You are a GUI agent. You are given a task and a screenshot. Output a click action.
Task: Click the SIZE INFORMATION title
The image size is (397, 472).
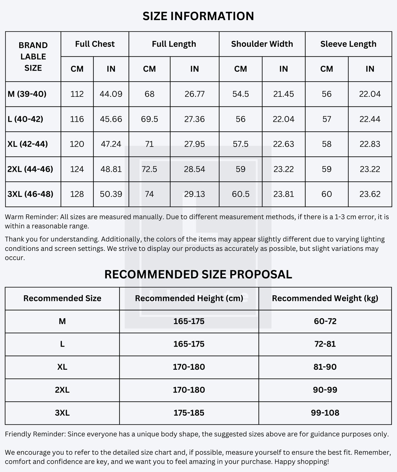pyautogui.click(x=198, y=16)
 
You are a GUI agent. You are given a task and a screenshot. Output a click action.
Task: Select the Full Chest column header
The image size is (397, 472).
pyautogui.click(x=95, y=44)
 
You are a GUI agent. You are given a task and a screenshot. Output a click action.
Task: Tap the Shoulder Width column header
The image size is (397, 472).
pyautogui.click(x=262, y=44)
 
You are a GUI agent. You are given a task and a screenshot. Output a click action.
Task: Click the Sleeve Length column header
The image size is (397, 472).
pyautogui.click(x=348, y=44)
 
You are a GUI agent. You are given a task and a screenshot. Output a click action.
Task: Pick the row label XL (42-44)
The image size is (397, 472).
pyautogui.click(x=27, y=144)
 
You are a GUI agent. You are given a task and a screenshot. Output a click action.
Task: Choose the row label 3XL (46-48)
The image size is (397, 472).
pyautogui.click(x=30, y=194)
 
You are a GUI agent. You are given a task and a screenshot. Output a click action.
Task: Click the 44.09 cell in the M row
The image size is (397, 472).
pyautogui.click(x=111, y=94)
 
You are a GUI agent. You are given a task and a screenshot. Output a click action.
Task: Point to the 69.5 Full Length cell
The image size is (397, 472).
pyautogui.click(x=149, y=119)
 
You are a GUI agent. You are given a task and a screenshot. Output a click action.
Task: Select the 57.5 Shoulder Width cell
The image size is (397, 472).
pyautogui.click(x=240, y=144)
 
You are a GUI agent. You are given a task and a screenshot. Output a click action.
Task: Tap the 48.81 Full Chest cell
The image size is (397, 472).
pyautogui.click(x=111, y=169)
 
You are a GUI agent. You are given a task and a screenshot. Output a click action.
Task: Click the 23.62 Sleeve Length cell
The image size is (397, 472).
pyautogui.click(x=370, y=194)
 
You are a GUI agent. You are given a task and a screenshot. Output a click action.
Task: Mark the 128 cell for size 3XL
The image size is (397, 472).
pyautogui.click(x=77, y=194)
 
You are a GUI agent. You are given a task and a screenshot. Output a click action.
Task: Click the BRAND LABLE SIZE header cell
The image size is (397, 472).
pyautogui.click(x=33, y=57)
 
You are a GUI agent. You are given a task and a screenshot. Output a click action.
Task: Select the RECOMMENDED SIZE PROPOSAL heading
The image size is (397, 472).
pyautogui.click(x=198, y=275)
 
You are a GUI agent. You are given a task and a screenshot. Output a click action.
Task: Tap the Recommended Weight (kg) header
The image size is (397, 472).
pyautogui.click(x=325, y=298)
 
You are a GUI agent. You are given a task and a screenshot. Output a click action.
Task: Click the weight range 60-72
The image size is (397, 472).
pyautogui.click(x=325, y=321)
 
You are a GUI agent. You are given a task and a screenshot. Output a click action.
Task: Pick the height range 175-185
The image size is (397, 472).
pyautogui.click(x=189, y=413)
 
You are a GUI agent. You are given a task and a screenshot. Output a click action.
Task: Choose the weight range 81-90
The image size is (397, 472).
pyautogui.click(x=325, y=367)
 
